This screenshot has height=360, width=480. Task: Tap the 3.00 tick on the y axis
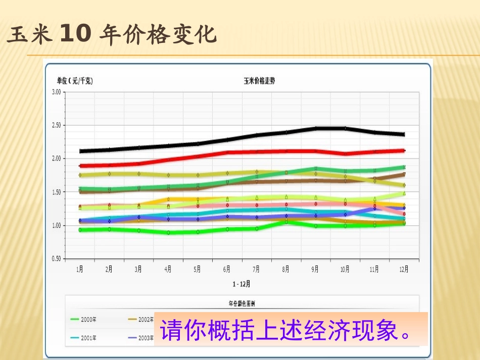[x=56, y=92]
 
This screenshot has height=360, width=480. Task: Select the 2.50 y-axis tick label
[x=56, y=125]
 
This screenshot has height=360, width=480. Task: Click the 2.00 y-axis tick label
[x=56, y=159]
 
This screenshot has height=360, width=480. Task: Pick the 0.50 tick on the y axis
[x=56, y=259]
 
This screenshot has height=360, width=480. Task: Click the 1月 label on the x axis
[x=80, y=270]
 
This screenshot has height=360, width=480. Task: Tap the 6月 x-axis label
[x=227, y=270]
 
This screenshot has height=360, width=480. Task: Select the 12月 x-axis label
[x=403, y=270]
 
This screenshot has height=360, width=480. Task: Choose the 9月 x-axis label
[x=315, y=270]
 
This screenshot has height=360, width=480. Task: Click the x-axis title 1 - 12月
[x=242, y=284]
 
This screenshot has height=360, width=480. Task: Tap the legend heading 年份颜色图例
[x=242, y=304]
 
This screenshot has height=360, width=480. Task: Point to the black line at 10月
[x=345, y=129]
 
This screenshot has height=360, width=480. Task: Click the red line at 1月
[x=80, y=166]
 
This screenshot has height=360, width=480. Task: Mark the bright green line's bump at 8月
[x=286, y=221]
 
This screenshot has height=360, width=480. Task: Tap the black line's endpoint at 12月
[x=403, y=134]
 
